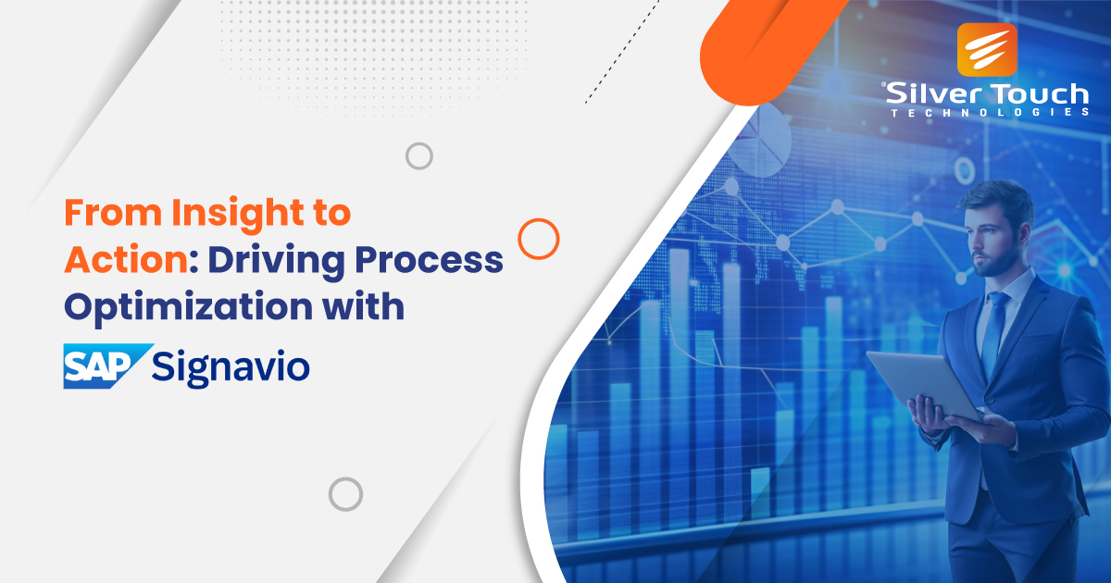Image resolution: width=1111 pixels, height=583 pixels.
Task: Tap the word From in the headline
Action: tap(113, 213)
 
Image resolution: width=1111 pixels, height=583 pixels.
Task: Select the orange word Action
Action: tap(126, 260)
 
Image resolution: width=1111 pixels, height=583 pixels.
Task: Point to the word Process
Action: tap(429, 260)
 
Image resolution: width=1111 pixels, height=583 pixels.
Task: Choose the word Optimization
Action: tap(189, 308)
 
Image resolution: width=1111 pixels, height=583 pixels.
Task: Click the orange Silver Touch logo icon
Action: tap(987, 50)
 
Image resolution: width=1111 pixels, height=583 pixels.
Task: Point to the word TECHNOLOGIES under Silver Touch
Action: tap(990, 113)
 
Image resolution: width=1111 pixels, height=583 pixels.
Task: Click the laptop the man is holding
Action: tap(922, 384)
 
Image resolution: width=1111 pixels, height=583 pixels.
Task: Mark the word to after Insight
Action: tap(332, 214)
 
